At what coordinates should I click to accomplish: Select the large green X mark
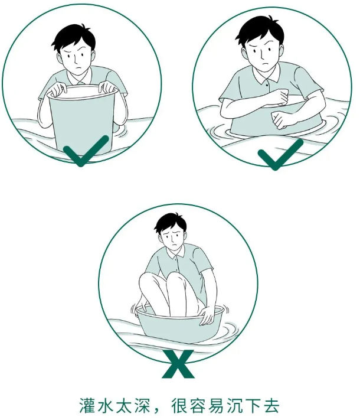coord(178,364)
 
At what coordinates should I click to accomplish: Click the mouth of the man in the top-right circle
coord(265,64)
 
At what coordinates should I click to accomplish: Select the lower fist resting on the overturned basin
coord(282,120)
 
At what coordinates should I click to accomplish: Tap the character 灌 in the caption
coord(88,406)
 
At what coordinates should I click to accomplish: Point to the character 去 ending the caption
coord(271,406)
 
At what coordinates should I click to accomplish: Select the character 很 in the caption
coord(179,406)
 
